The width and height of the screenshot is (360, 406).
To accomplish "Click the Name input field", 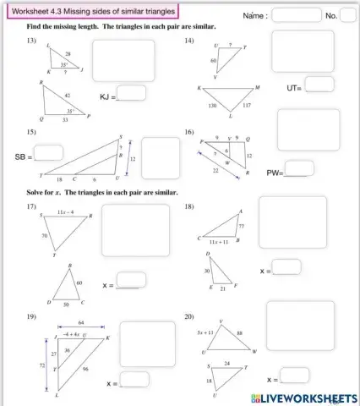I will (297, 14).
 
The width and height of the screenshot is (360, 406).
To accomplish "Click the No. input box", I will (346, 14).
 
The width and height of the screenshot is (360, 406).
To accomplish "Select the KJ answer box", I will (131, 93).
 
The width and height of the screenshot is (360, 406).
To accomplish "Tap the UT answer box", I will (319, 85).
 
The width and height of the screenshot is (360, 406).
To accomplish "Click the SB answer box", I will (48, 153).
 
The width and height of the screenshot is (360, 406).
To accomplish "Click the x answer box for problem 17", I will (131, 280).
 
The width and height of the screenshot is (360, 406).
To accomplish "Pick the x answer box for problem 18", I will (286, 267).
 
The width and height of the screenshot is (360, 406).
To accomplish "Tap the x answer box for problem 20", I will (293, 376).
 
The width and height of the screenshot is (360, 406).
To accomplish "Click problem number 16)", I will (189, 132).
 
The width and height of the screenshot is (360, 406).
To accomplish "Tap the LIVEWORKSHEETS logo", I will (299, 398).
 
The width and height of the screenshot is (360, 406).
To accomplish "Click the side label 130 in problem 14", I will (213, 106).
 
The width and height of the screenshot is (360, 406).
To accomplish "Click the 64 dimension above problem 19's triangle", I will (80, 322).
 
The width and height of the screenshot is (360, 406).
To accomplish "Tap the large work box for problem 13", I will (123, 60).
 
